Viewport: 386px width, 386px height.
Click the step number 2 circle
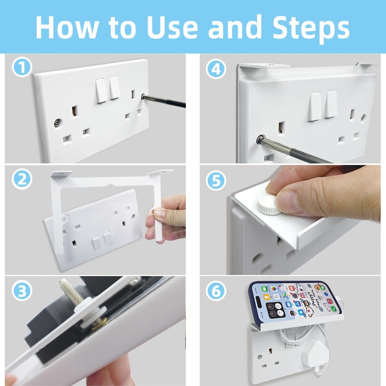[21, 180]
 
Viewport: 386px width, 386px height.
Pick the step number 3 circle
[21, 291]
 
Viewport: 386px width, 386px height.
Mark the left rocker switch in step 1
[101, 90]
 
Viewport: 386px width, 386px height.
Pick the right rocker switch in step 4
[331, 104]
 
